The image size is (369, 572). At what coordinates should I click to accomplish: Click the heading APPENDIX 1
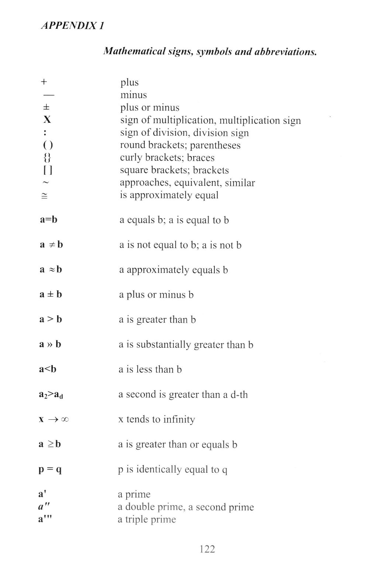pyautogui.click(x=72, y=26)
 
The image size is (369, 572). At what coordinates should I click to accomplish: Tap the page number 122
pyautogui.click(x=207, y=549)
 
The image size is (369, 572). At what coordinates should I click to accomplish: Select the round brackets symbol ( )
pyautogui.click(x=48, y=145)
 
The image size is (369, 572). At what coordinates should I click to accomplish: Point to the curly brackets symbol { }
pyautogui.click(x=47, y=158)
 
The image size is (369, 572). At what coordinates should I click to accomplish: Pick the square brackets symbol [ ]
pyautogui.click(x=47, y=170)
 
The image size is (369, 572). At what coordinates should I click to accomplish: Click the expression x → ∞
pyautogui.click(x=54, y=420)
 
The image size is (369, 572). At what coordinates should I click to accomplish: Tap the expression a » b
pyautogui.click(x=50, y=344)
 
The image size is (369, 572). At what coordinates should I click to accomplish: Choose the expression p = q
pyautogui.click(x=50, y=469)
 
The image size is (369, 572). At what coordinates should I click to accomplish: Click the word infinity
pyautogui.click(x=179, y=420)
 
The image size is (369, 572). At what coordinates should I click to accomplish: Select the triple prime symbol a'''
pyautogui.click(x=45, y=519)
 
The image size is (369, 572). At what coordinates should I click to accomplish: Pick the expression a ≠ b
pyautogui.click(x=51, y=245)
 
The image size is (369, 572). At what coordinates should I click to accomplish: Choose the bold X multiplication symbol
pyautogui.click(x=47, y=120)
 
